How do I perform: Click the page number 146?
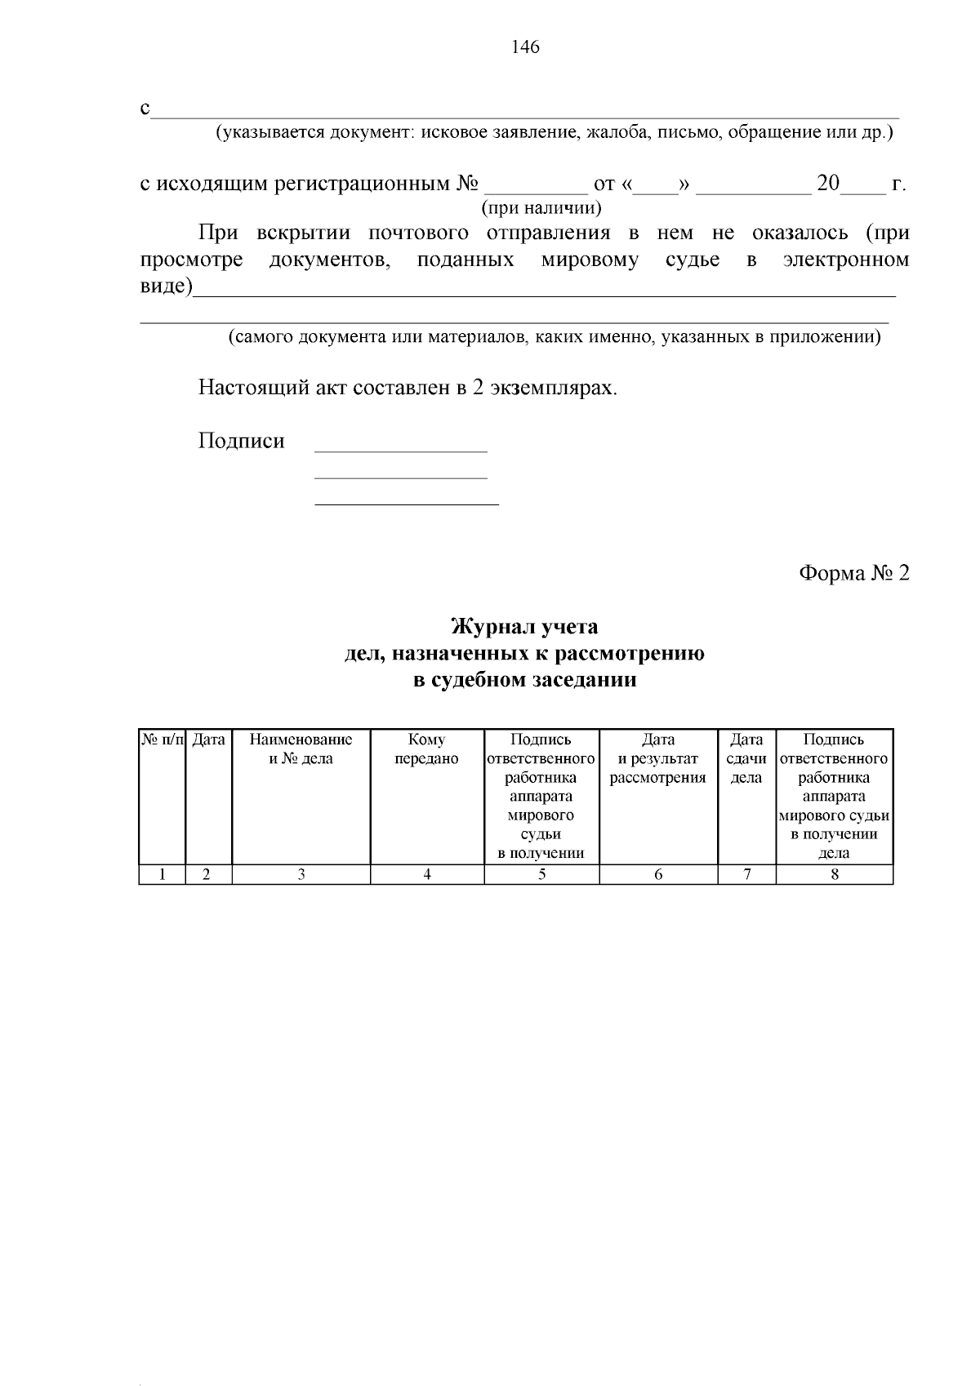coord(525,47)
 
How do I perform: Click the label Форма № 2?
coord(853,573)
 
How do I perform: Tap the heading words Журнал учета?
coord(524,627)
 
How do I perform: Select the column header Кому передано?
coord(426,749)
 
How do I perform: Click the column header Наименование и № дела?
coord(301,749)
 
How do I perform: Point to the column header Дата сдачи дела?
coord(746,758)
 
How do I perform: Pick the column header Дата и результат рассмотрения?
coord(657,758)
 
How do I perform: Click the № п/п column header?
coord(163,740)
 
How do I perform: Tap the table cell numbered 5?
coord(541,874)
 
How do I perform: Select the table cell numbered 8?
coord(834,874)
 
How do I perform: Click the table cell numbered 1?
coord(163,874)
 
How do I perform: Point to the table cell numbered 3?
coord(301,874)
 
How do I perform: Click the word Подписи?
coord(241,442)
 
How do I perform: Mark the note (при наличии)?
coord(541,208)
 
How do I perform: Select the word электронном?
coord(845,260)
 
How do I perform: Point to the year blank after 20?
coord(863,186)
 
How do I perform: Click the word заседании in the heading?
coord(584,680)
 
